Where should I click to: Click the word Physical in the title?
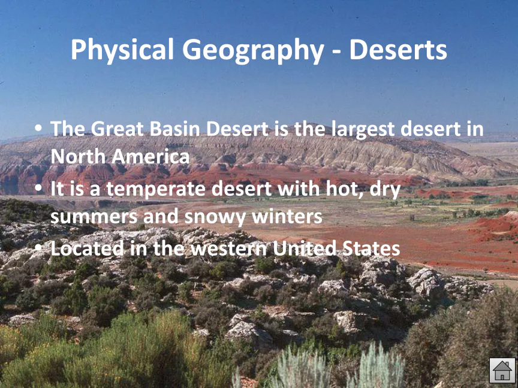[122, 50]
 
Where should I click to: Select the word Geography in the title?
[253, 50]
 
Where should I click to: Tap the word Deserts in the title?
[398, 50]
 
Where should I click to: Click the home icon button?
[502, 371]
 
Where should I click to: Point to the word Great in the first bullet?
[117, 129]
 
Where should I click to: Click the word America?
[150, 156]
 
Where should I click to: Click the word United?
[304, 248]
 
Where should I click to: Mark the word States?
[371, 248]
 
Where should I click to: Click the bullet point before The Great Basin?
[38, 128]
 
